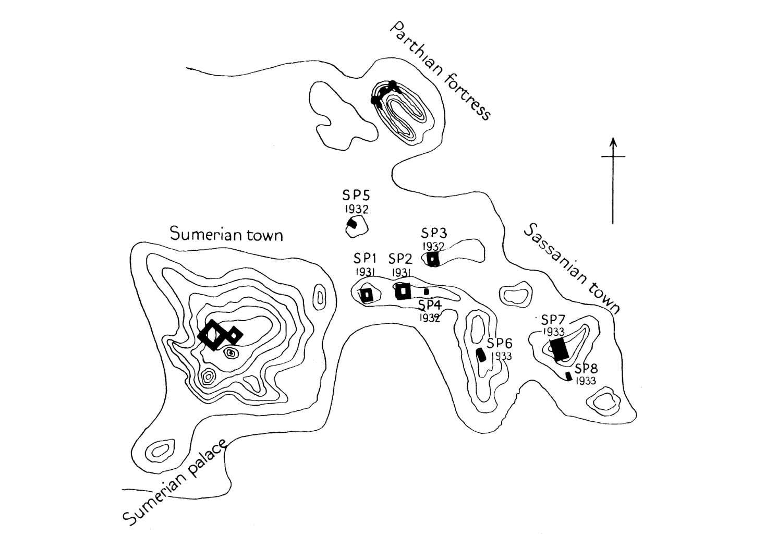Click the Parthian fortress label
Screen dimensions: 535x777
(x=441, y=71)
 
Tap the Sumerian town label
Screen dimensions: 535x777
(x=226, y=235)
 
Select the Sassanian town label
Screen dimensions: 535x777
(x=572, y=269)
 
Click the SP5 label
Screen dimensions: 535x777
(x=356, y=196)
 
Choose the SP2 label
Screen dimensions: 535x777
(x=400, y=259)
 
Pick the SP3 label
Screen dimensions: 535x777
(x=434, y=233)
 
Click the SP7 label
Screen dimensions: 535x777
(x=553, y=320)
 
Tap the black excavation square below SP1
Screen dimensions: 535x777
(x=367, y=295)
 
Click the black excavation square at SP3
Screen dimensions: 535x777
(x=433, y=258)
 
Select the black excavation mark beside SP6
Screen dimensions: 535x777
(x=482, y=355)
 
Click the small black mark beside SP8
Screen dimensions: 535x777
(x=569, y=375)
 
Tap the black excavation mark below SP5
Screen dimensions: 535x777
(x=352, y=224)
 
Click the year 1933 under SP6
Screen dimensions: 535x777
(x=501, y=357)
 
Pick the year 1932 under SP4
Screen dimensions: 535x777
(x=429, y=318)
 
